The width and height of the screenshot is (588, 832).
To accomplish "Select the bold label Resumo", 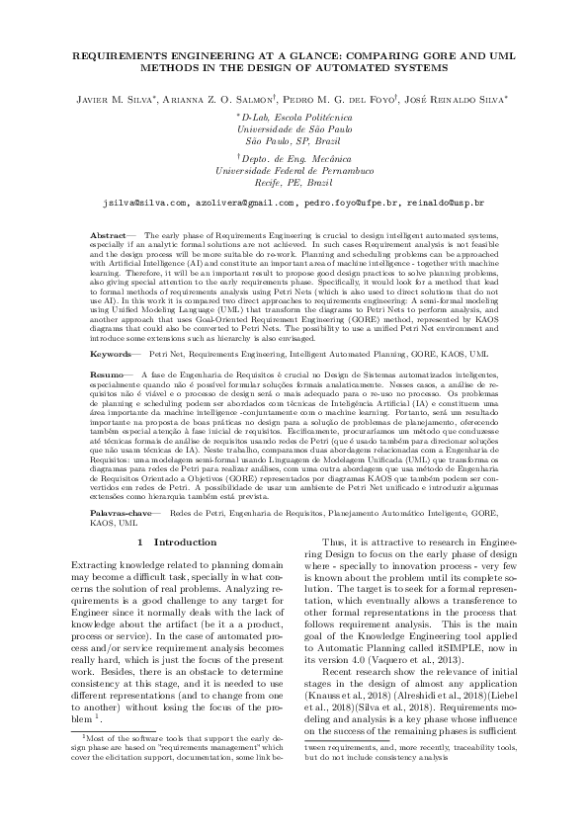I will (x=107, y=376).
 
